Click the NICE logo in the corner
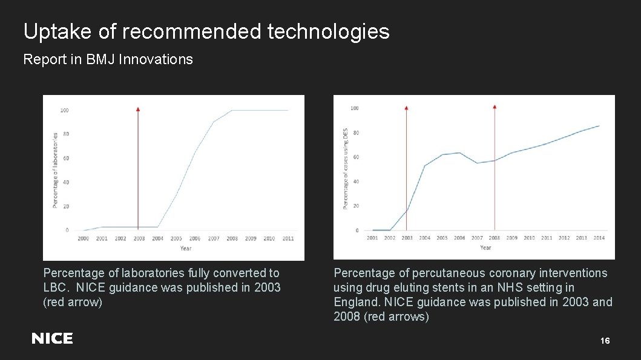click(x=52, y=339)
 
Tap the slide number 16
click(x=605, y=341)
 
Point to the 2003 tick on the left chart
click(x=139, y=238)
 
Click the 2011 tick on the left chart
click(x=288, y=238)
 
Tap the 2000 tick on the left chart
click(x=83, y=238)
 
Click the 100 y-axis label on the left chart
click(x=64, y=110)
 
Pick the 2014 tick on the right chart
click(x=599, y=238)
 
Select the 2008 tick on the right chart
click(x=495, y=238)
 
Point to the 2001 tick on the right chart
click(x=372, y=238)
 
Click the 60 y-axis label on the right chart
click(x=356, y=157)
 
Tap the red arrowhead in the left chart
click(x=138, y=110)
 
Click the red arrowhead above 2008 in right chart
click(x=495, y=107)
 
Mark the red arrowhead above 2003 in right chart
click(x=406, y=107)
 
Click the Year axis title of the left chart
click(x=185, y=248)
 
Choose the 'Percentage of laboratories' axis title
click(x=55, y=171)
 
